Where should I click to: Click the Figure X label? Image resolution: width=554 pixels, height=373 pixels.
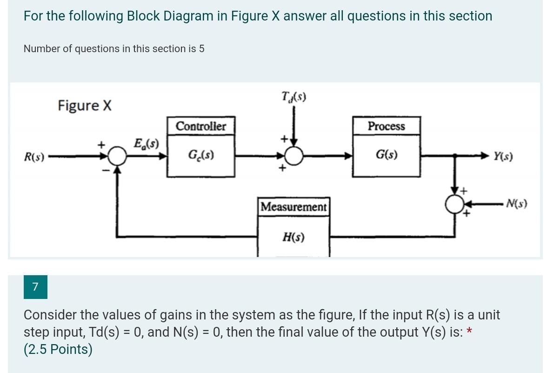pyautogui.click(x=85, y=106)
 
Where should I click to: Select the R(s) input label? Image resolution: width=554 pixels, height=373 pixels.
pyautogui.click(x=34, y=157)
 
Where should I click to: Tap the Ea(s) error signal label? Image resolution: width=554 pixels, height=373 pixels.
pyautogui.click(x=146, y=143)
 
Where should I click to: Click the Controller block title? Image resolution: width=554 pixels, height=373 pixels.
pyautogui.click(x=201, y=126)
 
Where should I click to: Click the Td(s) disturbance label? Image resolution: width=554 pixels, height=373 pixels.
pyautogui.click(x=294, y=97)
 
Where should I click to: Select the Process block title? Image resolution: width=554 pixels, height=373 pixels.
pyautogui.click(x=386, y=126)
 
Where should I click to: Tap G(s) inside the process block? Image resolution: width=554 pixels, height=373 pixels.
pyautogui.click(x=386, y=155)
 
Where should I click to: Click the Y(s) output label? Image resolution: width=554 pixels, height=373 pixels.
pyautogui.click(x=503, y=157)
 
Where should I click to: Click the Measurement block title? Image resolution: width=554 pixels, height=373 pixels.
pyautogui.click(x=294, y=206)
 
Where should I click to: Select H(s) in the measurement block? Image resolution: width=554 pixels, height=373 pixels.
pyautogui.click(x=294, y=237)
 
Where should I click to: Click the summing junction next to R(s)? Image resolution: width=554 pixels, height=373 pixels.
pyautogui.click(x=119, y=157)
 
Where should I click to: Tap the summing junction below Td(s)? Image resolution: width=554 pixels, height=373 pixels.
pyautogui.click(x=294, y=156)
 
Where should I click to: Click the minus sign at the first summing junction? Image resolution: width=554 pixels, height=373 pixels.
pyautogui.click(x=106, y=171)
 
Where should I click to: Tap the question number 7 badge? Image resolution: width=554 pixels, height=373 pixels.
pyautogui.click(x=35, y=286)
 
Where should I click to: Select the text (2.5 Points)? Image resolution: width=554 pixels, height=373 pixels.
pyautogui.click(x=58, y=349)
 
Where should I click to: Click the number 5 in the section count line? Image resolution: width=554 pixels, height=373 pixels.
pyautogui.click(x=201, y=49)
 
